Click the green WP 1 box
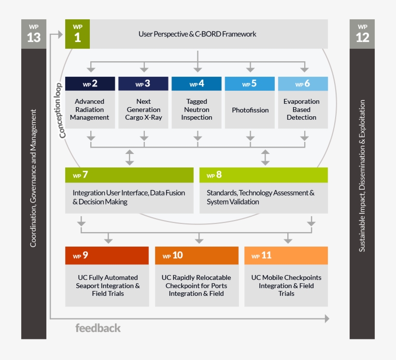point(77,34)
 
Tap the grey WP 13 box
point(34,34)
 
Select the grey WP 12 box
point(362,34)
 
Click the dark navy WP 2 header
point(90,84)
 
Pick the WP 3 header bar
point(143,84)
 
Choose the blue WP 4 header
point(197,84)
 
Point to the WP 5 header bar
point(250,84)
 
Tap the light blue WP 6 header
point(303,84)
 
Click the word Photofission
point(250,110)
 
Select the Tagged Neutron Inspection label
point(197,110)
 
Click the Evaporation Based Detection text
point(301,110)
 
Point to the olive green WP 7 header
point(129,175)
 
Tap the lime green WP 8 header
point(263,175)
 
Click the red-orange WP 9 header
point(107,256)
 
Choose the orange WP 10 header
point(197,256)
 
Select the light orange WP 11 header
point(286,256)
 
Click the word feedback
point(98,328)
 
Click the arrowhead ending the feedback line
point(327,318)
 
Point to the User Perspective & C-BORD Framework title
point(197,34)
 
